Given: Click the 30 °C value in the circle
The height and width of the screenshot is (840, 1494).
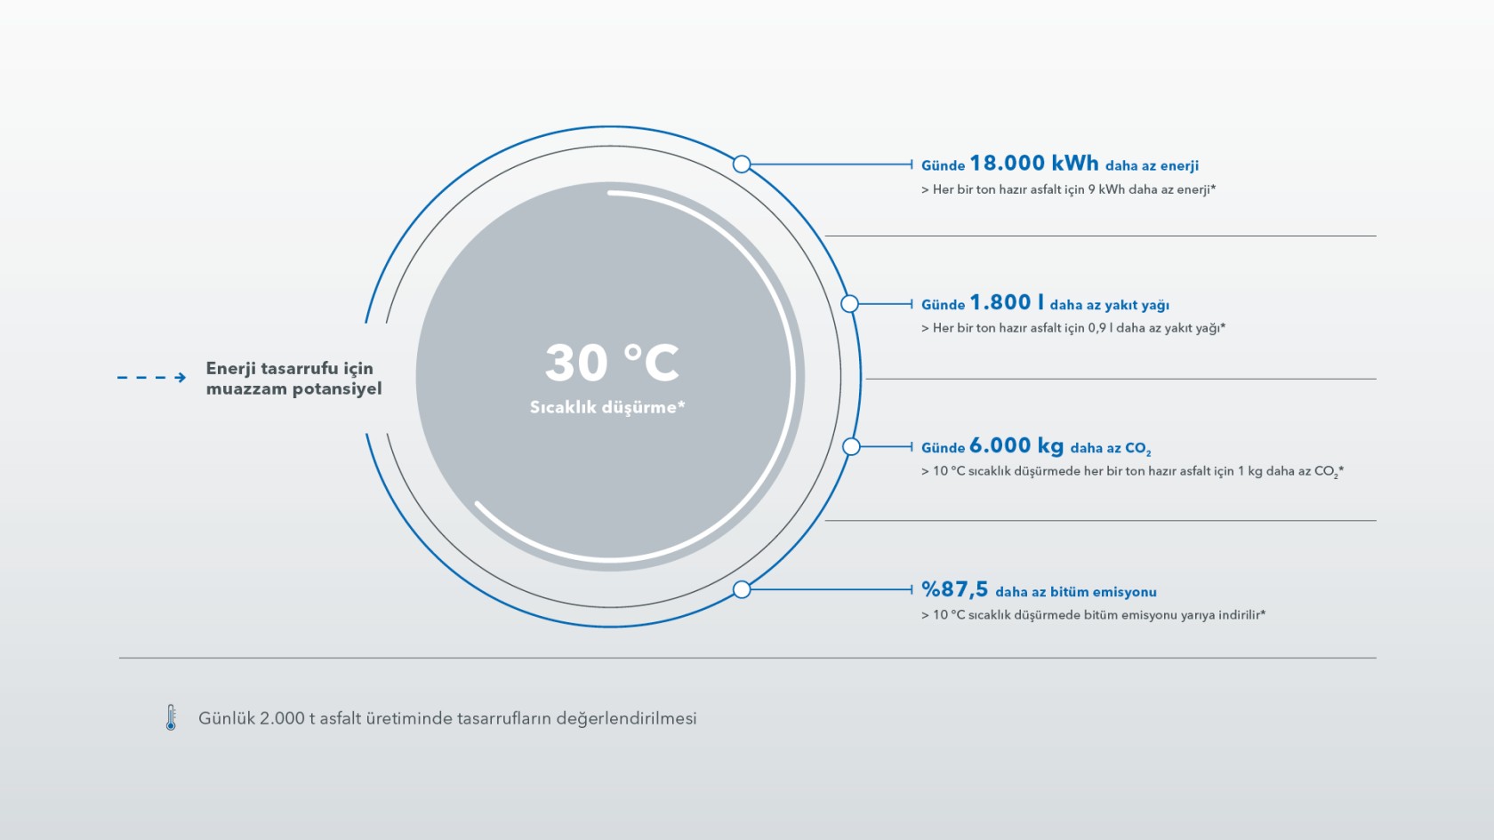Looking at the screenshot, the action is pos(612,364).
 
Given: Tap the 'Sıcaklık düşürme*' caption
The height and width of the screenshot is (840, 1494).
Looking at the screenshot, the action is pos(607,407).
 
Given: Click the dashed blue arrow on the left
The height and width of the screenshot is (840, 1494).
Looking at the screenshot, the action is pos(151,377).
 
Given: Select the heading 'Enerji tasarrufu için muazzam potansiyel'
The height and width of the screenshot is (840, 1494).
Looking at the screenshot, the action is pos(294,378).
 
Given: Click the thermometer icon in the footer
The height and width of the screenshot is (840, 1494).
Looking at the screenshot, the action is pos(171,717).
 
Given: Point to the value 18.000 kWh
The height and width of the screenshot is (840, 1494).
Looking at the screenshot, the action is pos(1033,163).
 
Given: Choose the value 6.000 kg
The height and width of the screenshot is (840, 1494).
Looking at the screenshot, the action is pos(1016,445).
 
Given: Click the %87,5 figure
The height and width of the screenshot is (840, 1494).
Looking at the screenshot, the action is pos(954,589).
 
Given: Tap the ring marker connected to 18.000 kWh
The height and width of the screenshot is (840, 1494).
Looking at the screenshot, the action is pos(742,164).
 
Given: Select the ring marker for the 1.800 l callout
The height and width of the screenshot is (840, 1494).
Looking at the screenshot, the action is pos(849,304).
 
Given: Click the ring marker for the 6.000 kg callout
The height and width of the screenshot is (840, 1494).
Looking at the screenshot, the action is pos(851,446).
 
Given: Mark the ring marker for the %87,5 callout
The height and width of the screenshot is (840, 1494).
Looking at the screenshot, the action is pos(742,589).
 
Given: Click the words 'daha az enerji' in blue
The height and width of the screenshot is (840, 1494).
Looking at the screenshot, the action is pos(1152,166).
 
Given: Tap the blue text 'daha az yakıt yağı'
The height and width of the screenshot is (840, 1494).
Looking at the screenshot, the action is pos(1110,306).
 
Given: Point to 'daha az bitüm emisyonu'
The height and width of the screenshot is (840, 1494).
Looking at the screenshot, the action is pos(1076,592).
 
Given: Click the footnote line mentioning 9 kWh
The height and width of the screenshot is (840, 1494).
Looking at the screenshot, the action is pos(1069,190).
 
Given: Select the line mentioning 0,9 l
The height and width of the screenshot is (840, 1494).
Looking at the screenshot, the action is pos(1073,328).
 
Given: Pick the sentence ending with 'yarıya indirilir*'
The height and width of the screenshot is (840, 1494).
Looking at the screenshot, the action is pos(1093,615).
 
